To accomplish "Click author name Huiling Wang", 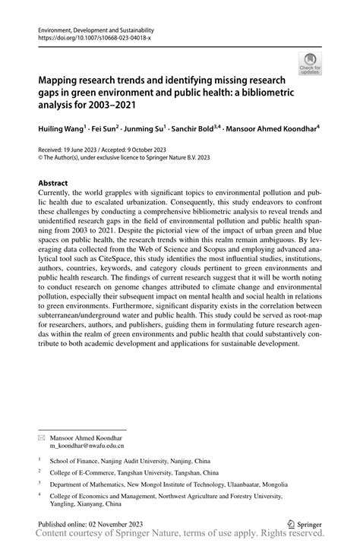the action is click(64, 129).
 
